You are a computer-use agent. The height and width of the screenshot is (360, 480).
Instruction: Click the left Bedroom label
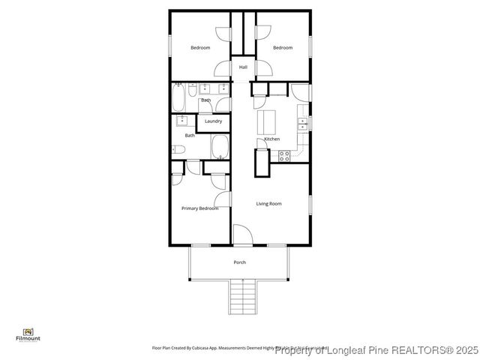[200, 48]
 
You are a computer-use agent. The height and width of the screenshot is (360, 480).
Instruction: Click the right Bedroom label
[283, 48]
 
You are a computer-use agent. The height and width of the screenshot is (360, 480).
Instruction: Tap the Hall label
[243, 67]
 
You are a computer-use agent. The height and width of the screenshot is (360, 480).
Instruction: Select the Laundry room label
[213, 121]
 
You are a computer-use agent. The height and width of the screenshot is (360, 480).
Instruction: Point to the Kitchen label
[271, 139]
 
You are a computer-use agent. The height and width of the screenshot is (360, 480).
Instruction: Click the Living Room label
[268, 204]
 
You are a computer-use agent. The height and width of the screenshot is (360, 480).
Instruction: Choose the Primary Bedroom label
[199, 208]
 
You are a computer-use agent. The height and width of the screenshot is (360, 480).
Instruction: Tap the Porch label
[240, 262]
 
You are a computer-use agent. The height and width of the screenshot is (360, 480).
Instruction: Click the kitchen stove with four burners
[285, 156]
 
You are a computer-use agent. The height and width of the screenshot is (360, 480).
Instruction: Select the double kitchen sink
[303, 122]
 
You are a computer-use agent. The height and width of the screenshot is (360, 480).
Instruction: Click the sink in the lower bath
[181, 120]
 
